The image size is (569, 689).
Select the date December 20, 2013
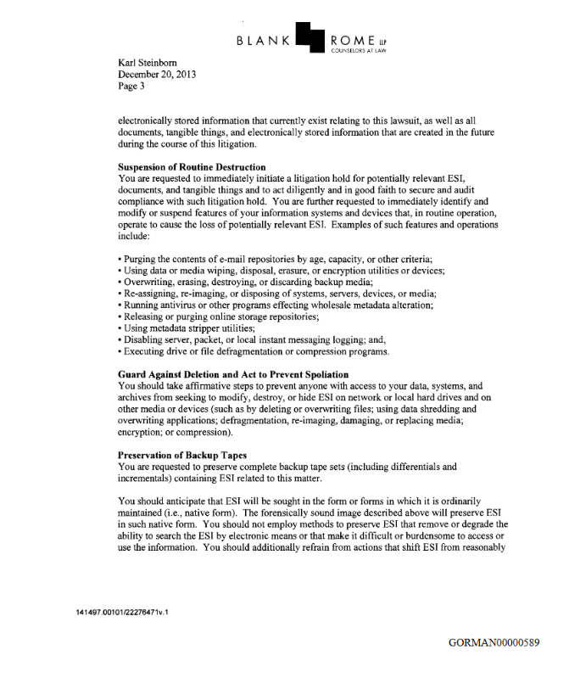pos(158,74)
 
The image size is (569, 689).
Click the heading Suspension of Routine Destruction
pos(192,166)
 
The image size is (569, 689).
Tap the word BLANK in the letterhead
pos(264,41)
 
